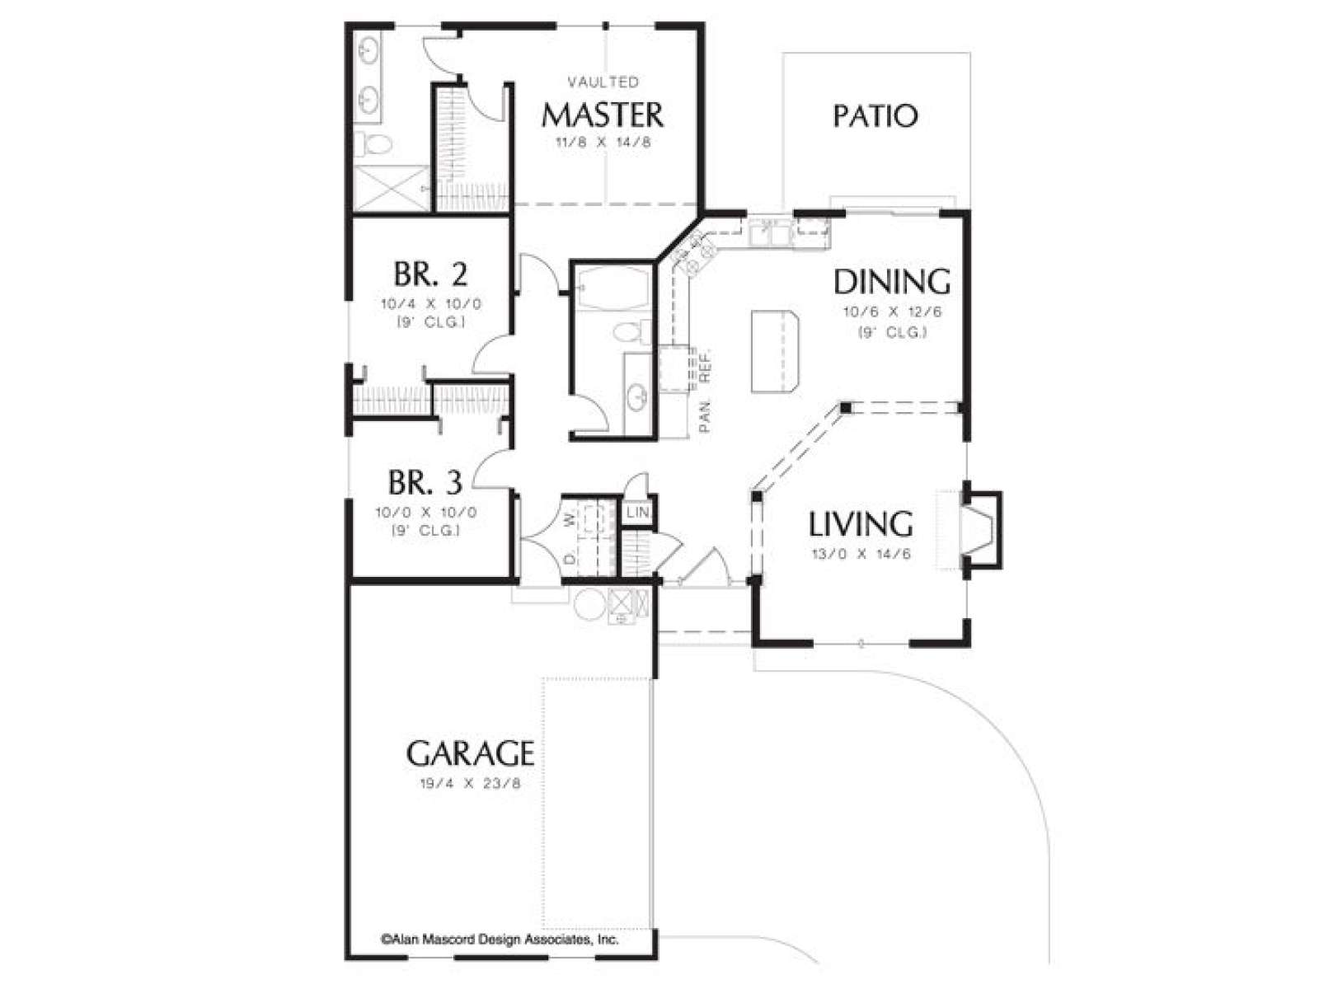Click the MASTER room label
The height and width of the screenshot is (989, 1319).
603,115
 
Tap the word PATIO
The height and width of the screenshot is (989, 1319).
875,116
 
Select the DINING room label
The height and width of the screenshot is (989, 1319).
892,282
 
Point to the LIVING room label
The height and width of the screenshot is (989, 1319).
861,523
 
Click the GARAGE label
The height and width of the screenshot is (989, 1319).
470,753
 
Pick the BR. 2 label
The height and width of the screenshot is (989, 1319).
430,274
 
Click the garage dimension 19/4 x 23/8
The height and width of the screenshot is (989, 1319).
470,784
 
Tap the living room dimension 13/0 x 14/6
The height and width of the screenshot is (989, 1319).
861,554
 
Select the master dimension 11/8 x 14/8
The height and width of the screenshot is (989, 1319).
603,143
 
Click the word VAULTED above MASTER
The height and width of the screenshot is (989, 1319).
603,82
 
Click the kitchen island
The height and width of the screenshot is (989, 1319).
775,352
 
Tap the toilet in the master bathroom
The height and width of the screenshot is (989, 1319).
373,143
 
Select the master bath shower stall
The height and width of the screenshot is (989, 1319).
391,189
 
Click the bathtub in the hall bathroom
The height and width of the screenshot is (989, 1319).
611,288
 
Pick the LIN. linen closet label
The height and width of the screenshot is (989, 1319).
637,513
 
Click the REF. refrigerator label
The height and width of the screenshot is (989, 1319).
706,366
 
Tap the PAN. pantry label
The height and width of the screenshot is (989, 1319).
705,416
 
